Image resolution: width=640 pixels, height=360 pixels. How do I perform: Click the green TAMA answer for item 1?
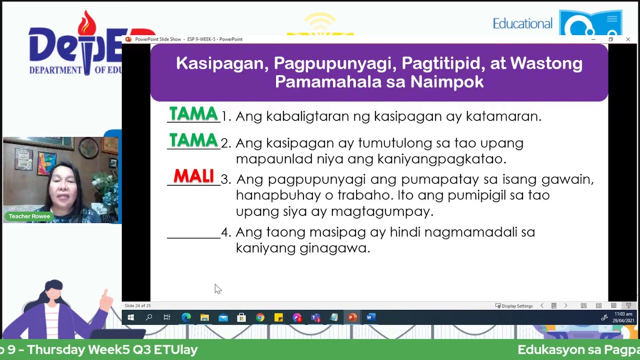click(x=193, y=114)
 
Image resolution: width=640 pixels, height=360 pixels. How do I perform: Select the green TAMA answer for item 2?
click(x=193, y=141)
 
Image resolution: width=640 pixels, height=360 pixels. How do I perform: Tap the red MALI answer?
click(x=193, y=176)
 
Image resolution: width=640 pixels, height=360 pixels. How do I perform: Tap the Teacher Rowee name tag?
click(x=29, y=216)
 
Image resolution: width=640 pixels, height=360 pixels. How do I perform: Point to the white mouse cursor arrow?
click(x=217, y=288)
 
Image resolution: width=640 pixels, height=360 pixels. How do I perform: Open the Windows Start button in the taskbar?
click(x=130, y=317)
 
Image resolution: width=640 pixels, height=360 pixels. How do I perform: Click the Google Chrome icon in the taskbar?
click(x=260, y=317)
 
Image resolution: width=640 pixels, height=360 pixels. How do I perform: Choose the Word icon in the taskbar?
click(x=370, y=317)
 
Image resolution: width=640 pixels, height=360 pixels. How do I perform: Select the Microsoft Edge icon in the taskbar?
click(x=186, y=317)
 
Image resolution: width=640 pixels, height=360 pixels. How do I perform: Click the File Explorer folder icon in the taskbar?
click(x=204, y=317)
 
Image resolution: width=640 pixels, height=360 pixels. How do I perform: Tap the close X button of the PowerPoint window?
click(x=628, y=39)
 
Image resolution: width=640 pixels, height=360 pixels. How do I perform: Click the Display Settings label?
click(x=517, y=306)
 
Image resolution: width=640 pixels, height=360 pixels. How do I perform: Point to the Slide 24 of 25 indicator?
click(x=137, y=305)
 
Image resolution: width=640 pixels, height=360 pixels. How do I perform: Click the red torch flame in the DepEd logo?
click(x=87, y=22)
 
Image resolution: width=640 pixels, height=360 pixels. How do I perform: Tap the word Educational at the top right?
click(x=522, y=23)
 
